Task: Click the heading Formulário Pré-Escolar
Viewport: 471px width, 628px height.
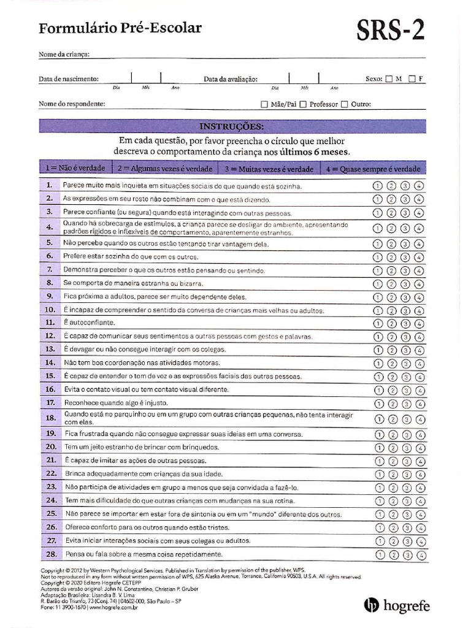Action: click(120, 28)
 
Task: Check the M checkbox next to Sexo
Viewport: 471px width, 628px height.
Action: click(389, 78)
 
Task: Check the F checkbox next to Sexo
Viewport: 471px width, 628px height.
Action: click(412, 78)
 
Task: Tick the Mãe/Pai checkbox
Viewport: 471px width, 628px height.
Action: click(264, 104)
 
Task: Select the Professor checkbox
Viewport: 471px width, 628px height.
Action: click(304, 104)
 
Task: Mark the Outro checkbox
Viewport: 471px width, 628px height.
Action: click(344, 104)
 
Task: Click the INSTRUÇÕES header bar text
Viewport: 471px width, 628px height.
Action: click(232, 126)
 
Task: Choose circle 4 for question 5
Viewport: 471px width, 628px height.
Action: click(419, 244)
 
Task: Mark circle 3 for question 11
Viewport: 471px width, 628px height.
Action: click(405, 323)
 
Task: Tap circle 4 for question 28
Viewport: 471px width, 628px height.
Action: click(420, 555)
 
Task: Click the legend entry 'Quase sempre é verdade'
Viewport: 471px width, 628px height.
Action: click(380, 169)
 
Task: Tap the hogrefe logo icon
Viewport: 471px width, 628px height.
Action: click(372, 605)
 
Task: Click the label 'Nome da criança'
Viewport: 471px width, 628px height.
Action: click(64, 54)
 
